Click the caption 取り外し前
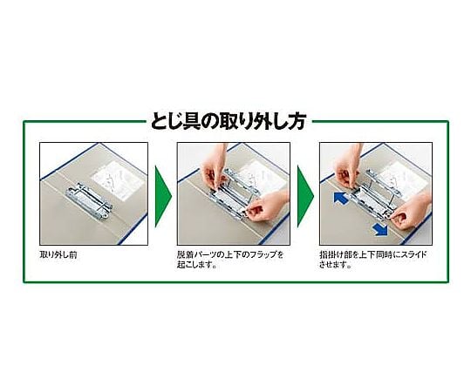tap(58, 255)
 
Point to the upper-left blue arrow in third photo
tap(339, 198)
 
